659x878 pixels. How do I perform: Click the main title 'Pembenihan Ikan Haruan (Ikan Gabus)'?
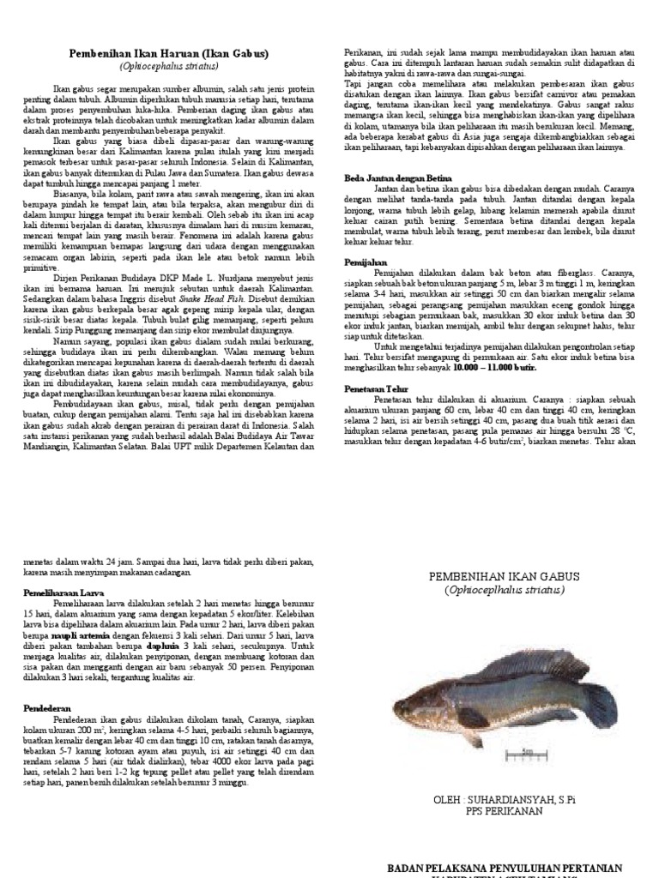click(x=168, y=54)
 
